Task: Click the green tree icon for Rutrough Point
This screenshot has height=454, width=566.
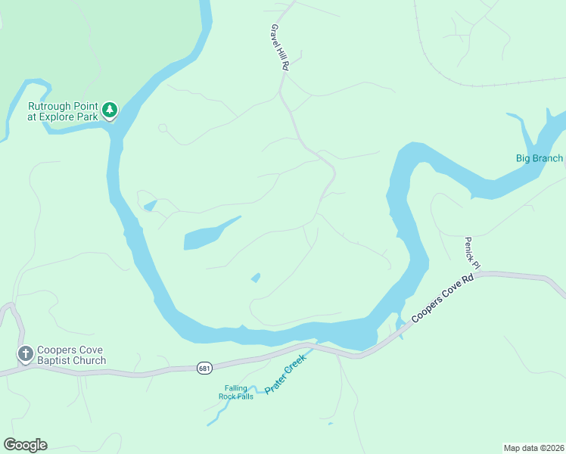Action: (110, 110)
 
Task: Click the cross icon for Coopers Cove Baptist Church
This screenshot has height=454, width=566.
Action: (25, 353)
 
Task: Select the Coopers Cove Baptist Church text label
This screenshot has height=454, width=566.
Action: (73, 354)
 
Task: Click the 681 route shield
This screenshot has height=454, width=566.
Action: (204, 368)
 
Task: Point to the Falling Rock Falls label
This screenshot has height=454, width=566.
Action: (235, 393)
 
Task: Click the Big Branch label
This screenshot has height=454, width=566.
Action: (540, 158)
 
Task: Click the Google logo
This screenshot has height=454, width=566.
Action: (25, 444)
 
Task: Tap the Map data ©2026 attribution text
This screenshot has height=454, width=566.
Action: (533, 447)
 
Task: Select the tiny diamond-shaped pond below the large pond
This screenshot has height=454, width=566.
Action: (256, 278)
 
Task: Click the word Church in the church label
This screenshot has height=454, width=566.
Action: (89, 360)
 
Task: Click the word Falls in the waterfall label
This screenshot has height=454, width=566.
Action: (245, 396)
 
